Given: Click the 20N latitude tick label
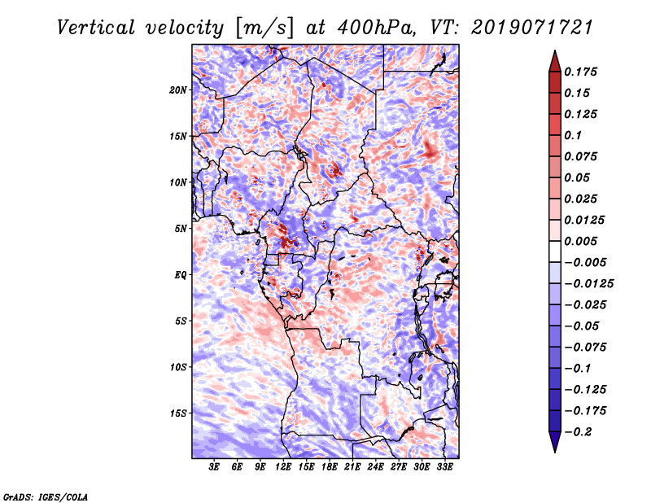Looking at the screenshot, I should (x=178, y=90).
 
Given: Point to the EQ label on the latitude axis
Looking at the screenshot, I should (x=180, y=275).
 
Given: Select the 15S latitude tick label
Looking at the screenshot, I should (x=178, y=413).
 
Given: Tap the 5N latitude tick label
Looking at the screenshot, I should (x=181, y=229).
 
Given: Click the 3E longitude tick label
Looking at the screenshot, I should (x=215, y=468).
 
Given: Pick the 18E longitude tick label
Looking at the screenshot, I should (x=330, y=468).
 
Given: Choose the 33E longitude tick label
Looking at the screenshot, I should (x=444, y=468).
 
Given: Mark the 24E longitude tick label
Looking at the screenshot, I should (x=375, y=468).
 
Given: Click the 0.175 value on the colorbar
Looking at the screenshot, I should (x=583, y=72).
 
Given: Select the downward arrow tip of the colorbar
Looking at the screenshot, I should (x=554, y=450).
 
